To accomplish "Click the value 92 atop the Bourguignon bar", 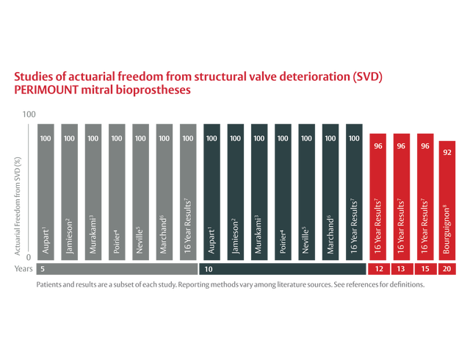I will (448, 153).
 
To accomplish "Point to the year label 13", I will (401, 270).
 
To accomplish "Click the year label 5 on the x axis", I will (43, 270).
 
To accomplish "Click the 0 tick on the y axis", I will (30, 257).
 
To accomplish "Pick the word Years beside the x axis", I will (23, 270).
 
